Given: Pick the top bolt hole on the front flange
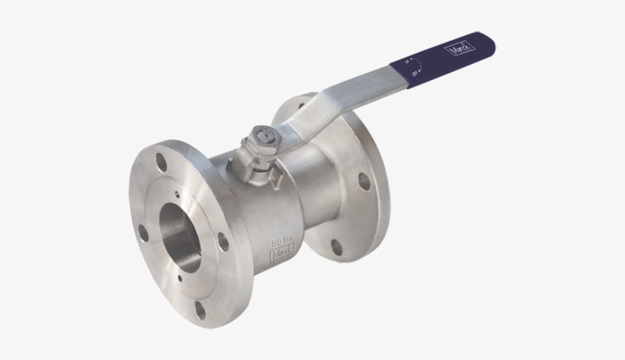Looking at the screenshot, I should [x=161, y=162].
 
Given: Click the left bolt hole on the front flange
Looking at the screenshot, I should [x=143, y=233].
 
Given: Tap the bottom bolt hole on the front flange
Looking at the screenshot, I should [x=200, y=308].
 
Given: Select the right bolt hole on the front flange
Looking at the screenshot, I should [x=223, y=241].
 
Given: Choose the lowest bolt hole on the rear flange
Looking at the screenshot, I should [x=336, y=246].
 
